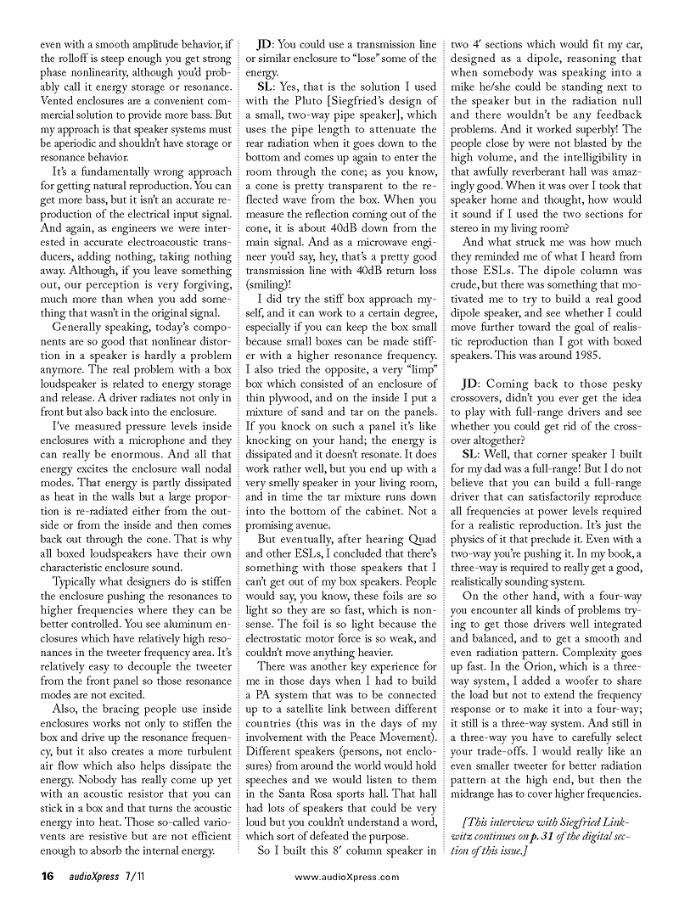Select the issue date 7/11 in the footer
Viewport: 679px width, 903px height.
pyautogui.click(x=128, y=875)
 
